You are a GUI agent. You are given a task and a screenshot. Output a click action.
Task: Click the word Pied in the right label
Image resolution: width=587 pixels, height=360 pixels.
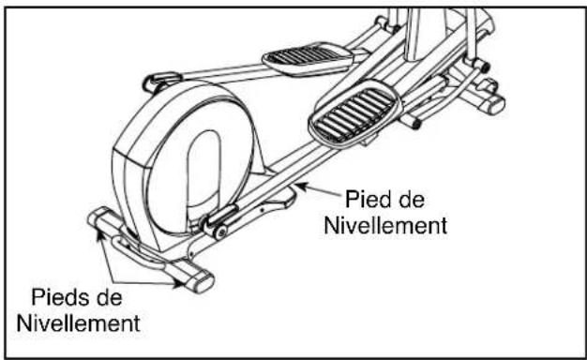pyautogui.click(x=368, y=200)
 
